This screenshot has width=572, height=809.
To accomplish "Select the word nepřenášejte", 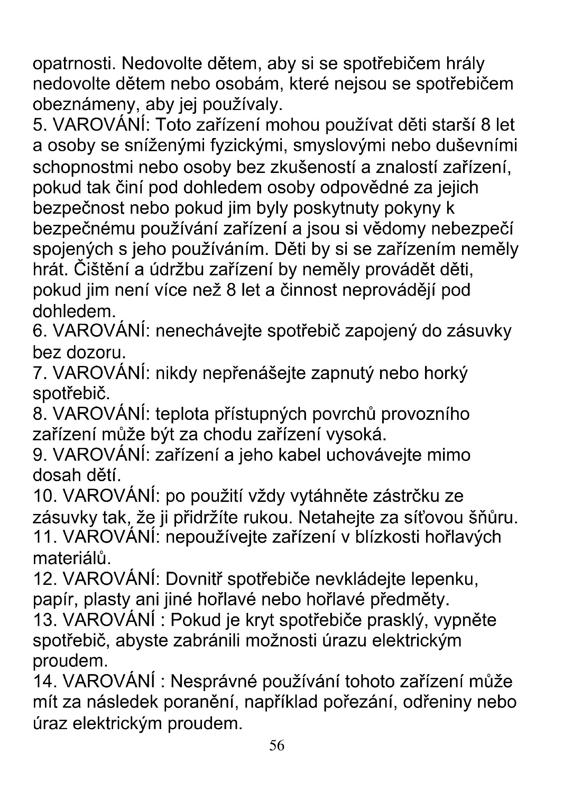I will click(x=254, y=373).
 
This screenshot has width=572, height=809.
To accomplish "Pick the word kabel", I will click(x=299, y=455).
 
